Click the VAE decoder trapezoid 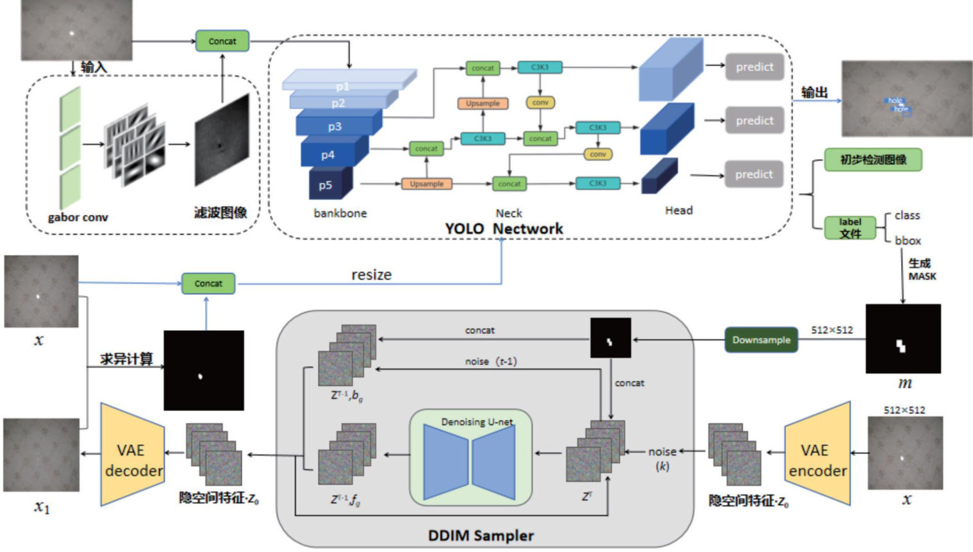pyautogui.click(x=133, y=455)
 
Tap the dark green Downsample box pyautogui.click(x=761, y=340)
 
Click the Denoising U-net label pyautogui.click(x=477, y=422)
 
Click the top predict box pyautogui.click(x=754, y=67)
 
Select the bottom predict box pyautogui.click(x=754, y=174)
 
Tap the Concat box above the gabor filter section pyautogui.click(x=222, y=41)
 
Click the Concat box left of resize pyautogui.click(x=208, y=283)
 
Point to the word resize pyautogui.click(x=371, y=275)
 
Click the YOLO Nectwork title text pyautogui.click(x=504, y=229)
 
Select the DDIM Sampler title pyautogui.click(x=481, y=535)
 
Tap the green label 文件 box pyautogui.click(x=850, y=228)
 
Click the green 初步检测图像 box pyautogui.click(x=873, y=160)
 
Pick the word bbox pyautogui.click(x=908, y=241)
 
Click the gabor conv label pyautogui.click(x=78, y=217)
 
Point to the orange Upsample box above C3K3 pyautogui.click(x=483, y=103)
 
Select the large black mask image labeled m pyautogui.click(x=903, y=339)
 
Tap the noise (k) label pyautogui.click(x=662, y=458)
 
